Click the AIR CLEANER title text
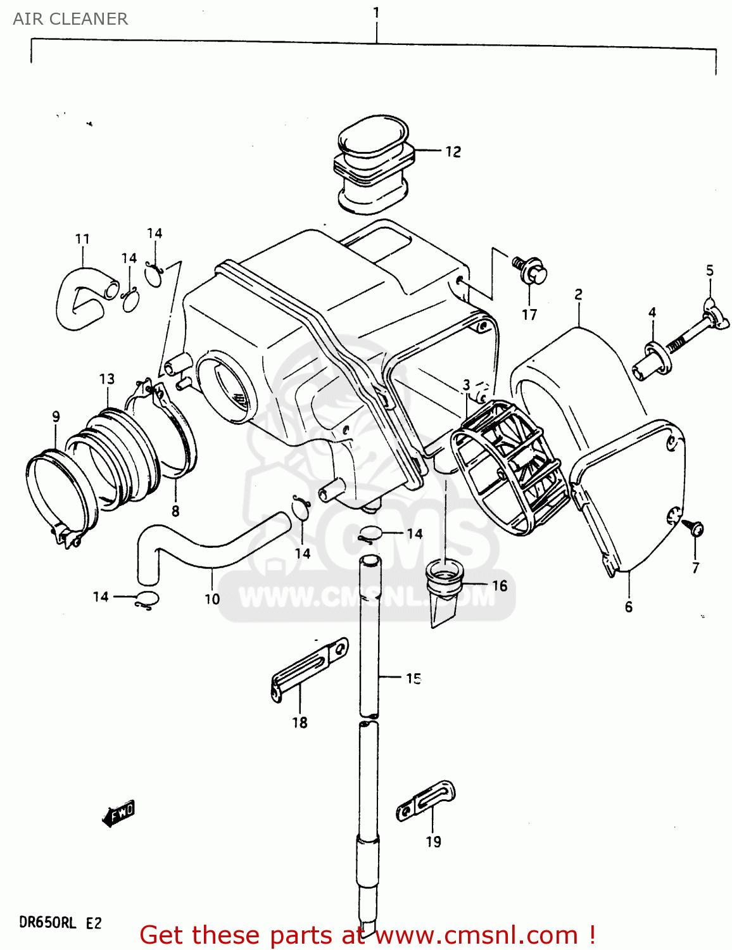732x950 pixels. pyautogui.click(x=70, y=19)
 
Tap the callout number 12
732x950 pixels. pyautogui.click(x=453, y=152)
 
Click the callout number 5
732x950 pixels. pyautogui.click(x=710, y=270)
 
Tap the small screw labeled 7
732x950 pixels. pyautogui.click(x=696, y=528)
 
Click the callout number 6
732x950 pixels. pyautogui.click(x=628, y=607)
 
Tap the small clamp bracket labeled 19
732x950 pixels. pyautogui.click(x=426, y=801)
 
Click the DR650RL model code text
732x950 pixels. pyautogui.click(x=47, y=922)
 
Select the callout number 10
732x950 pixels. pyautogui.click(x=212, y=598)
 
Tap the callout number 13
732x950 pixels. pyautogui.click(x=107, y=379)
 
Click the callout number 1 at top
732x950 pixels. pyautogui.click(x=376, y=13)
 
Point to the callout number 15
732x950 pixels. pyautogui.click(x=413, y=678)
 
